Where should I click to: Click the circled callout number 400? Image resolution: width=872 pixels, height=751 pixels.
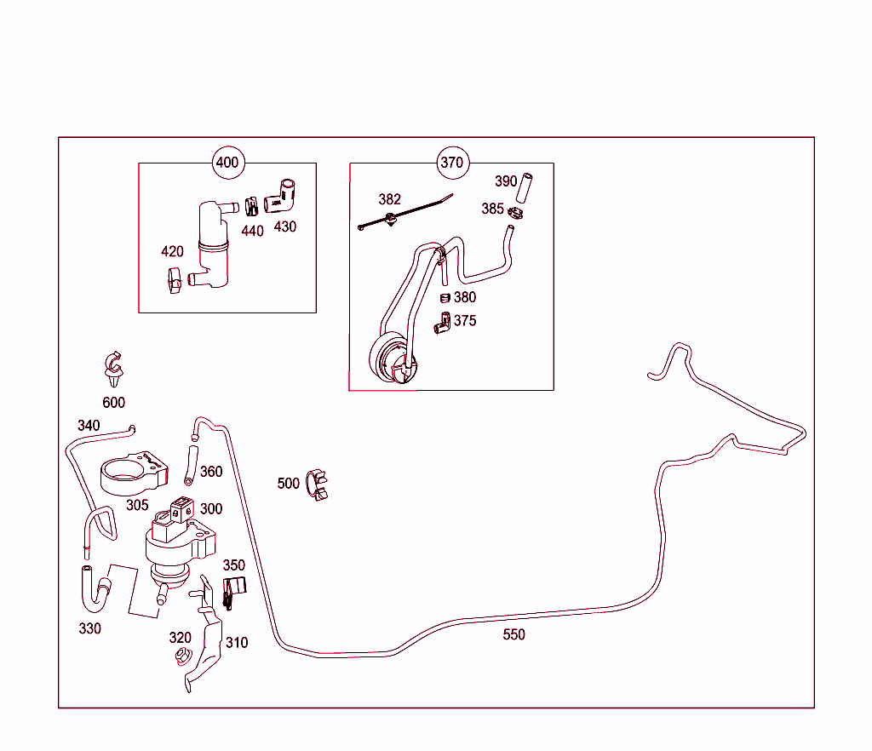(227, 163)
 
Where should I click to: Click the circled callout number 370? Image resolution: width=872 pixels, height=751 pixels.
(451, 163)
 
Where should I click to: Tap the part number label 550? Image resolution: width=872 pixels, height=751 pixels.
(513, 634)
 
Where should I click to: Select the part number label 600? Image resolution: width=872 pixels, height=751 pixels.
(113, 403)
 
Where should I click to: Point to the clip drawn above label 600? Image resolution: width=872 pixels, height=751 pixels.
(112, 364)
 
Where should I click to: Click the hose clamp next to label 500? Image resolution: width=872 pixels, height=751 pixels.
(318, 484)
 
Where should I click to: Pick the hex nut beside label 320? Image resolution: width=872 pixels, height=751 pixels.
(181, 656)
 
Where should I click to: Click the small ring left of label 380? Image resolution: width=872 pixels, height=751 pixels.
(444, 297)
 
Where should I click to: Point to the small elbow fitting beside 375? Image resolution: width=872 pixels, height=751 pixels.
(443, 322)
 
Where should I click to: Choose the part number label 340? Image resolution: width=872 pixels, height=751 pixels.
(89, 426)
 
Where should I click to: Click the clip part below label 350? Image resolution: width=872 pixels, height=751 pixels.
(232, 593)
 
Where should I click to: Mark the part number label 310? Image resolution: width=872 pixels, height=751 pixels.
(237, 642)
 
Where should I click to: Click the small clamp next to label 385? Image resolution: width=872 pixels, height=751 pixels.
(514, 211)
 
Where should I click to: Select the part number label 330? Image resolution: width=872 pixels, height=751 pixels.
(89, 628)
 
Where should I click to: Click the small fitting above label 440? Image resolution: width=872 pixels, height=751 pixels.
(251, 207)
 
